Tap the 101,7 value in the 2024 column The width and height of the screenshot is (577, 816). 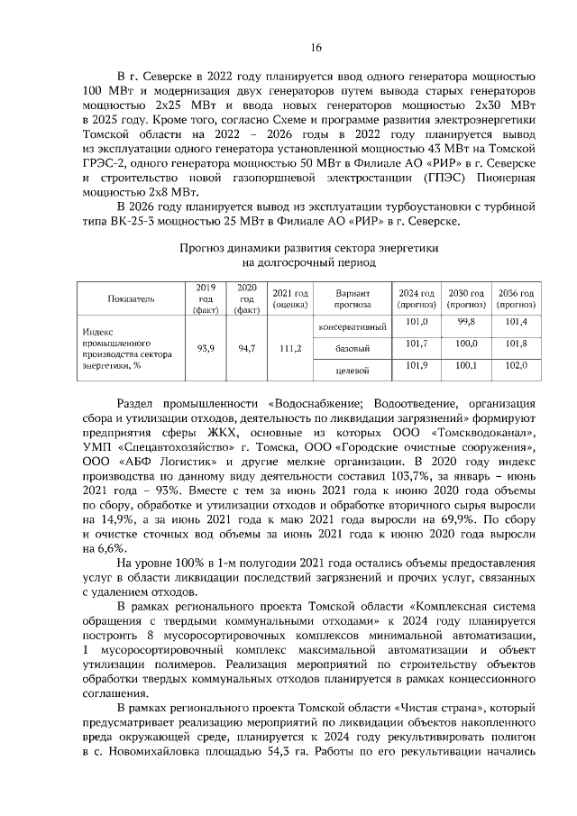click(417, 344)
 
